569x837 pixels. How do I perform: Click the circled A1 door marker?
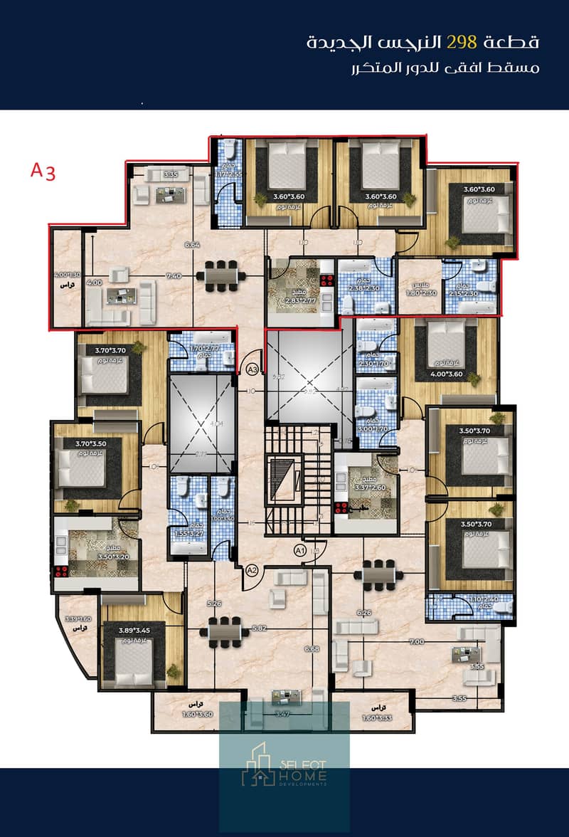pyautogui.click(x=300, y=549)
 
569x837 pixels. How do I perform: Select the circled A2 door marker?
pyautogui.click(x=250, y=569)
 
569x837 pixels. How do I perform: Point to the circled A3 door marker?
pyautogui.click(x=252, y=369)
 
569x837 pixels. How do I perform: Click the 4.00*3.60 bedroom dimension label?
pyautogui.click(x=447, y=372)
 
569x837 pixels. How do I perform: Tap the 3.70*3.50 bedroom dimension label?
pyautogui.click(x=85, y=443)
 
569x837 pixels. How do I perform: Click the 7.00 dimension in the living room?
pyautogui.click(x=417, y=641)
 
